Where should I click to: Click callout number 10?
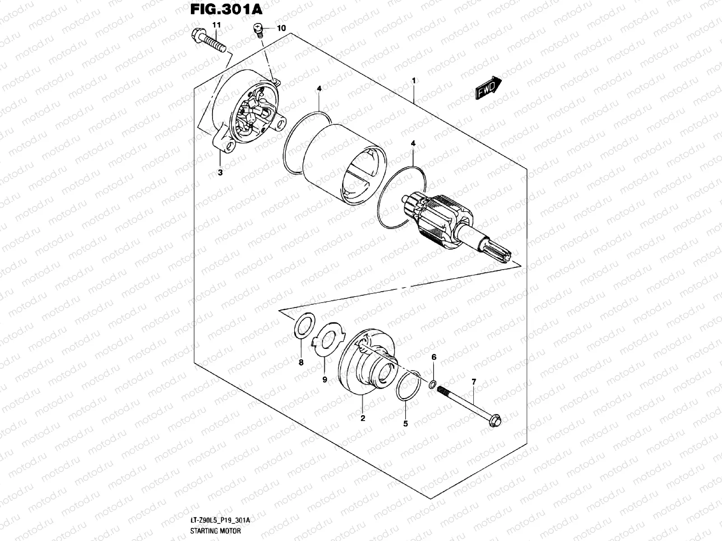[281, 28]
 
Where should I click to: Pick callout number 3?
[220, 172]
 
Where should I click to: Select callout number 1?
[413, 80]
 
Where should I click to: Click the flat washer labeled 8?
[304, 326]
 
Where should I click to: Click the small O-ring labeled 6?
[432, 384]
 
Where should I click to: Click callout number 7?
[473, 382]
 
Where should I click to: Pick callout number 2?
[362, 418]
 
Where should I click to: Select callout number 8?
[301, 362]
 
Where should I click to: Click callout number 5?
[405, 423]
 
